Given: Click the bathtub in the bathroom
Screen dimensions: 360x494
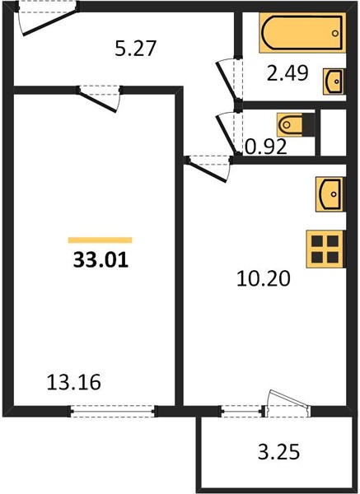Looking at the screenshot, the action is click(x=302, y=32).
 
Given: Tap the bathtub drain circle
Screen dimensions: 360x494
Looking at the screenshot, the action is click(x=335, y=33).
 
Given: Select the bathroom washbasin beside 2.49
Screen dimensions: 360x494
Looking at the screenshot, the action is click(x=334, y=82).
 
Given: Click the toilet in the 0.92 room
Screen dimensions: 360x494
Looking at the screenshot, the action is click(x=296, y=125).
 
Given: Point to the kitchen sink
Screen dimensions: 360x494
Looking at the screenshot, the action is click(x=330, y=194).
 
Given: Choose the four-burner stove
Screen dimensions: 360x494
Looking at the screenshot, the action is click(x=325, y=249).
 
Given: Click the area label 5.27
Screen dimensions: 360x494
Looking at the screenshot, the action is click(x=136, y=49).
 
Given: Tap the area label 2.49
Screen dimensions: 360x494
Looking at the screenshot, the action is click(x=288, y=74).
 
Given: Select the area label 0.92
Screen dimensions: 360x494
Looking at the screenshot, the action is click(x=266, y=147).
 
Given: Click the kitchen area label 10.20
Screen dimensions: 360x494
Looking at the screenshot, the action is click(x=264, y=279).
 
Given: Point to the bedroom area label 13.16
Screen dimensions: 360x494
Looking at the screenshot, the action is click(x=74, y=382).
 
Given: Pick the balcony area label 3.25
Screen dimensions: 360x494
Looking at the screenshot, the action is click(x=278, y=452).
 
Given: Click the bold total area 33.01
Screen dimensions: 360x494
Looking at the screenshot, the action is click(x=101, y=260).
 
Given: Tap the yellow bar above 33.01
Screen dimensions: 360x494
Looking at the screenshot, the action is click(x=100, y=240).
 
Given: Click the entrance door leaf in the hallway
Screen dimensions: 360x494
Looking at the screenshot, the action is click(x=50, y=23).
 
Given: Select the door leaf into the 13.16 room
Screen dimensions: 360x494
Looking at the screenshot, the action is click(x=98, y=100).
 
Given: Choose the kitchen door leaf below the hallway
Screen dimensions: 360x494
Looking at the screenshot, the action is click(x=207, y=171).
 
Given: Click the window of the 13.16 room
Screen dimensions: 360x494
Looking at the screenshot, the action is click(x=113, y=411).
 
